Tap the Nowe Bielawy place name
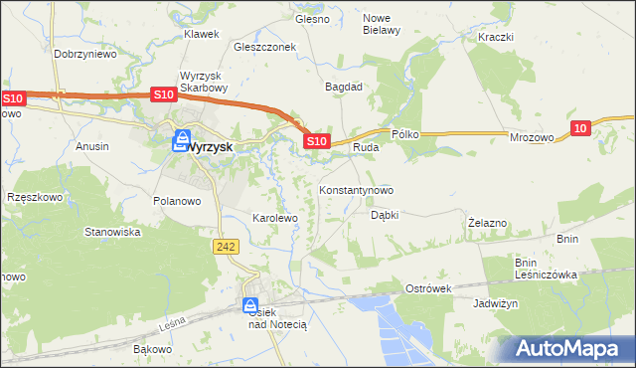click(x=381, y=24)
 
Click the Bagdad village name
click(x=344, y=87)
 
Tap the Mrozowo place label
click(x=532, y=139)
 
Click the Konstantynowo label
click(x=356, y=189)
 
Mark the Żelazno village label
click(x=488, y=223)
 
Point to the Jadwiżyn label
click(x=496, y=304)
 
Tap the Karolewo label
click(x=275, y=217)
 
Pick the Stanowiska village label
click(x=112, y=232)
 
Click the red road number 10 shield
click(x=582, y=126)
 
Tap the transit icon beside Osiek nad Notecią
click(x=251, y=306)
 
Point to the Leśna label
click(x=171, y=324)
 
